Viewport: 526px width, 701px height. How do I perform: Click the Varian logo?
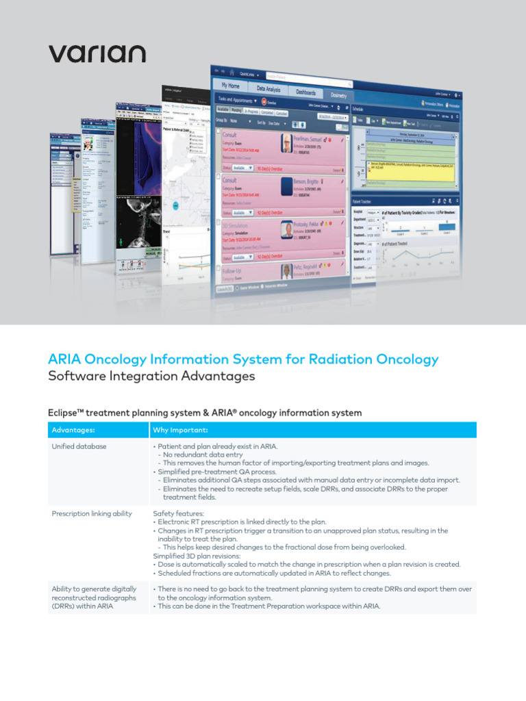tap(97, 54)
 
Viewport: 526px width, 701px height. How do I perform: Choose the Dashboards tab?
tap(305, 92)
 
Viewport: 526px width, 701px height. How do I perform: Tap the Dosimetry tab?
tap(338, 96)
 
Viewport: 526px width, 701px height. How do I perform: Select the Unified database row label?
tap(79, 446)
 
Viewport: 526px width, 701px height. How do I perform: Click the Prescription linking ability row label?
tap(92, 513)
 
